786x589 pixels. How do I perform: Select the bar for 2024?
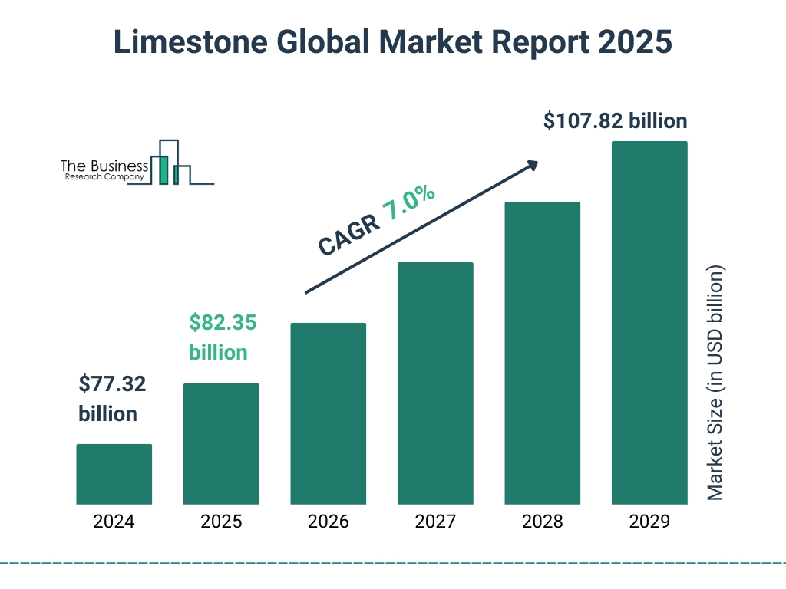tap(114, 474)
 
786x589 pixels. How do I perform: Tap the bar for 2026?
tap(328, 413)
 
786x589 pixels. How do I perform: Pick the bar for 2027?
tap(435, 383)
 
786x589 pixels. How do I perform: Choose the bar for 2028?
tap(542, 353)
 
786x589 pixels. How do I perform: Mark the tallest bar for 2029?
tap(649, 323)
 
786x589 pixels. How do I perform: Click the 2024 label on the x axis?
tap(114, 522)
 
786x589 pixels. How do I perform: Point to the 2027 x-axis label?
tap(435, 522)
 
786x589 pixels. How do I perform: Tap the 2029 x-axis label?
tap(649, 522)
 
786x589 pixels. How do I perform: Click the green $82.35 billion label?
tap(222, 337)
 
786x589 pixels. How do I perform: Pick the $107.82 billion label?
tap(615, 121)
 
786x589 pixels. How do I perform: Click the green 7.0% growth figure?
tap(409, 204)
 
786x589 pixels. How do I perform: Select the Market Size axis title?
tap(715, 383)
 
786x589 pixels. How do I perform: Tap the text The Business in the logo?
tap(104, 166)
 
